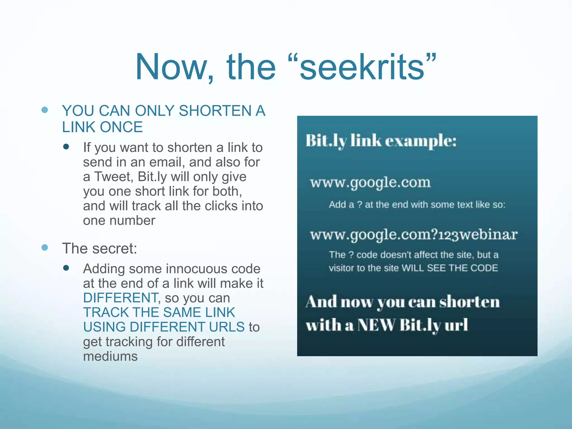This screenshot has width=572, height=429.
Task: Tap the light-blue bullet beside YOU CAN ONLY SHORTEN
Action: (x=45, y=110)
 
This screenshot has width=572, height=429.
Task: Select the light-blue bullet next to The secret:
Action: (x=45, y=247)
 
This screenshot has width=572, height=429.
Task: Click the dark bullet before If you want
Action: (x=66, y=147)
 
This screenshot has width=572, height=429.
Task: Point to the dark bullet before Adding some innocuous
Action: (x=66, y=268)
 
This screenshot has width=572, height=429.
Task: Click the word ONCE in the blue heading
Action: (x=121, y=127)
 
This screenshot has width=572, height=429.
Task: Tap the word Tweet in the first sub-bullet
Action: (x=113, y=177)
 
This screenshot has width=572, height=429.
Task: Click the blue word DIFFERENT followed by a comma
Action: (x=121, y=298)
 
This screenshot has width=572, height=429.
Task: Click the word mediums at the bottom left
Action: (x=110, y=356)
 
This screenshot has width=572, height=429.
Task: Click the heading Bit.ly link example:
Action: (x=381, y=140)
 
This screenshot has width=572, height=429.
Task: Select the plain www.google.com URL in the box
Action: (x=370, y=183)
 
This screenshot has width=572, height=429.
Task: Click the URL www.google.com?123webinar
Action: (x=414, y=235)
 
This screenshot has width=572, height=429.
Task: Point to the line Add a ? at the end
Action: (x=417, y=205)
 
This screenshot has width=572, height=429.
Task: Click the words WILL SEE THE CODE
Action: (x=450, y=268)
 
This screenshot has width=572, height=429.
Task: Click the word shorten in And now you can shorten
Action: (x=469, y=302)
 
